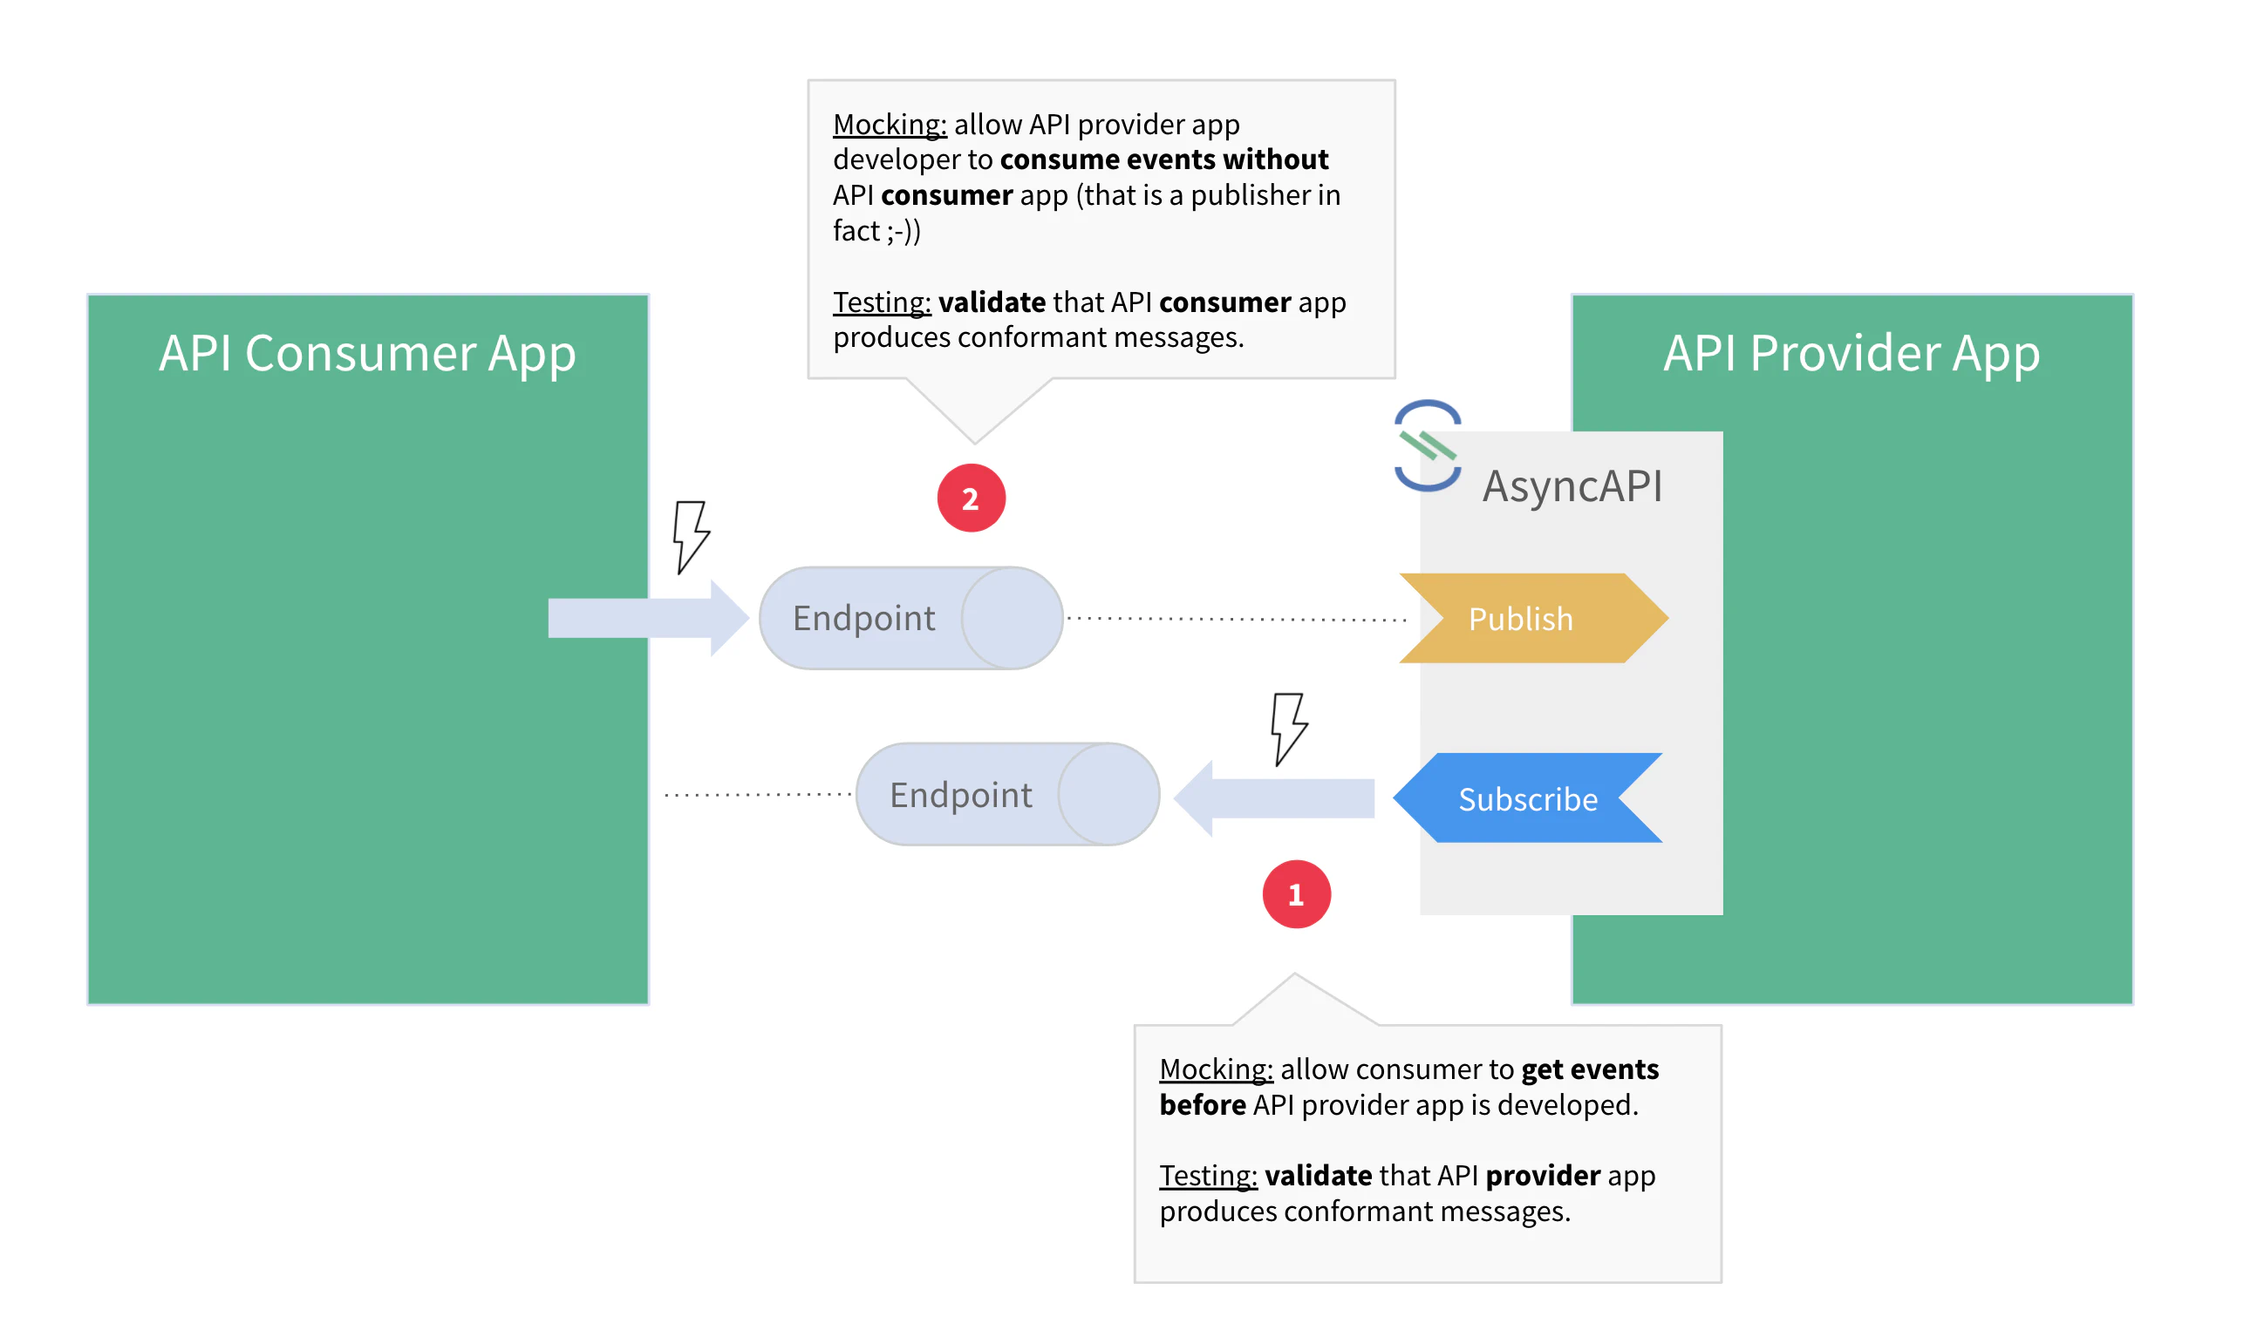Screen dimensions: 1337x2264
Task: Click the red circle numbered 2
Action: pos(971,499)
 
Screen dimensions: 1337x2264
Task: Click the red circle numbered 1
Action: pos(1296,894)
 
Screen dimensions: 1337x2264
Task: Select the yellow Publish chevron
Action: pos(1532,619)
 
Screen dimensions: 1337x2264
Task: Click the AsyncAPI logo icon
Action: pos(1428,446)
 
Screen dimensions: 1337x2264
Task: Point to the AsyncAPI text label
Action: pos(1572,486)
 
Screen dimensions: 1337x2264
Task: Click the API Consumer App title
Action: pos(367,353)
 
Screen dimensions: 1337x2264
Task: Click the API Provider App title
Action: pos(1851,353)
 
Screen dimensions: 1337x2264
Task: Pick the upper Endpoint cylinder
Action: pos(910,618)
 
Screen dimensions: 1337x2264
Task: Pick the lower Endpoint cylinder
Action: pos(1006,795)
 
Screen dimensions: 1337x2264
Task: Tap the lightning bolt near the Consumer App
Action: pos(691,537)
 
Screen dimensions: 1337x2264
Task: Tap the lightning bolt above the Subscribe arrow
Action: pos(1288,729)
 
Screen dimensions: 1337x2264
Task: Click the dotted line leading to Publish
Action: pos(1235,619)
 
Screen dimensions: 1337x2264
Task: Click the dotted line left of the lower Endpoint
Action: pos(757,795)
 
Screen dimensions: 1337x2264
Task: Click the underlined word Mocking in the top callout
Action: pos(890,125)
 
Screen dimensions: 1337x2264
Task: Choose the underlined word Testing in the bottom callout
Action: pos(1208,1176)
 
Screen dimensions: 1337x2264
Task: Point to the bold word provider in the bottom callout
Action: pos(1542,1176)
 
